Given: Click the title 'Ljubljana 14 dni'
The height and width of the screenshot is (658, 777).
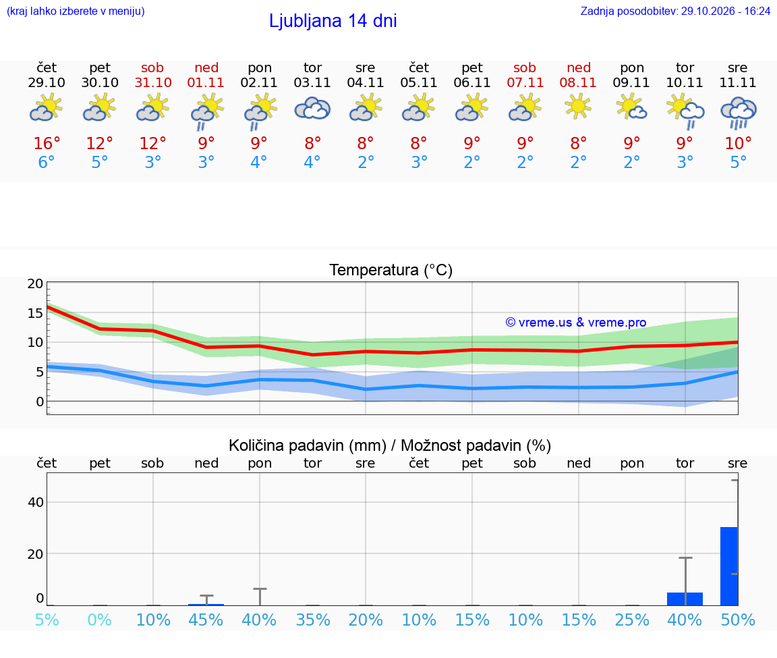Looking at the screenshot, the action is (x=333, y=21).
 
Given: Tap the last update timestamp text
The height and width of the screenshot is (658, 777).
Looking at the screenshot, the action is (x=675, y=11).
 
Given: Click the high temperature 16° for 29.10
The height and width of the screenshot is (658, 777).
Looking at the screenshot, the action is (x=47, y=143).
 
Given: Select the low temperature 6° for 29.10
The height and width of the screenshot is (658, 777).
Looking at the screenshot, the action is (x=46, y=162).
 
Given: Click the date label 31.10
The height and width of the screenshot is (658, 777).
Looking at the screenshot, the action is (x=153, y=82).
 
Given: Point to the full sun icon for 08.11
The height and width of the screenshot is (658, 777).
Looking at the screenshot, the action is (x=578, y=107).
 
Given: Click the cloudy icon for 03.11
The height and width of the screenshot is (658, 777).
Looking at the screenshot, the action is (x=312, y=109).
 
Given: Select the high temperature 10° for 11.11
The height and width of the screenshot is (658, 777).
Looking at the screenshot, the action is (x=739, y=143).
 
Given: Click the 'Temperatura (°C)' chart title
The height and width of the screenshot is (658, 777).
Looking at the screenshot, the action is (x=391, y=270).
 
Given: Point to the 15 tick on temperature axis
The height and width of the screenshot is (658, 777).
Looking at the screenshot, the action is (x=35, y=313).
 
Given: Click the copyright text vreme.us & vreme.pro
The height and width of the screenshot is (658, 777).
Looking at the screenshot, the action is (x=576, y=323).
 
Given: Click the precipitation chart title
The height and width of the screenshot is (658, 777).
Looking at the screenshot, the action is (x=390, y=445).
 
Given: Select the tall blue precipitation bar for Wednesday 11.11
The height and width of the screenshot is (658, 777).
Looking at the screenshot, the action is (x=729, y=566).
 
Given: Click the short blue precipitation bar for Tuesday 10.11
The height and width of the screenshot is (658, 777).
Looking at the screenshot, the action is (x=685, y=599).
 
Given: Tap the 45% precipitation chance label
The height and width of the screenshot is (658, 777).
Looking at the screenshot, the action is (x=206, y=620).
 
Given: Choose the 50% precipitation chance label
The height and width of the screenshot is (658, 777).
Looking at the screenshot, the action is (x=738, y=620).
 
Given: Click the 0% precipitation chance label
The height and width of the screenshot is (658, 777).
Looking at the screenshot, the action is (x=100, y=620).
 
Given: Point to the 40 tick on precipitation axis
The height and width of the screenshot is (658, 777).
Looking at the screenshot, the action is (x=36, y=502).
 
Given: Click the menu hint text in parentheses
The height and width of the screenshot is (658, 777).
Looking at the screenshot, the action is (x=76, y=11).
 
